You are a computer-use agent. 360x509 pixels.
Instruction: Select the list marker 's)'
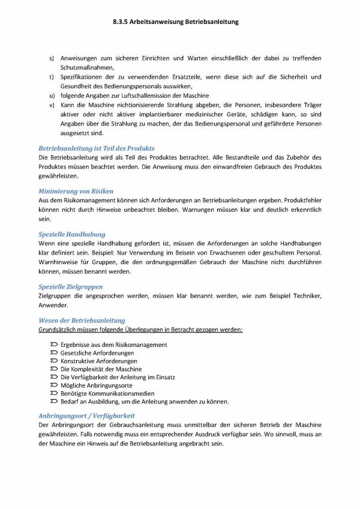(52, 58)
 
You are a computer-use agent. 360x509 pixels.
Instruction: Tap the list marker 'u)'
(52, 96)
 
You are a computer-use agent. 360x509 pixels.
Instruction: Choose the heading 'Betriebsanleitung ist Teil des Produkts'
(96, 148)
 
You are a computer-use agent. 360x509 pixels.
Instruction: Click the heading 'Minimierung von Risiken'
(76, 190)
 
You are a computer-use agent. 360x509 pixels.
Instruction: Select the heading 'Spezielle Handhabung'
(71, 233)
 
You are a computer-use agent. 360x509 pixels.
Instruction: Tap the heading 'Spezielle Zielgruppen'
(70, 286)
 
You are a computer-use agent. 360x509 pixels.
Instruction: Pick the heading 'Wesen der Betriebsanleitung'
(82, 321)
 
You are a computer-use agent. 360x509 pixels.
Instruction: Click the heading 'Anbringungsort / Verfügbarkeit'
(86, 415)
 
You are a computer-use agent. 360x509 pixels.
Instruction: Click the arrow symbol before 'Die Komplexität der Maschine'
(55, 369)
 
